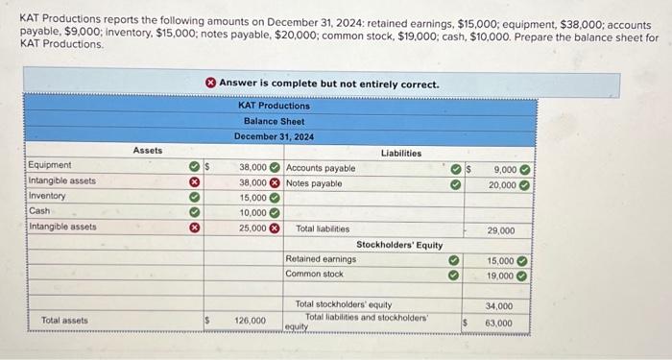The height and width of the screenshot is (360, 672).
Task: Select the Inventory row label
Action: (x=48, y=196)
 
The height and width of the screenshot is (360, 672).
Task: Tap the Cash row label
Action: (x=40, y=211)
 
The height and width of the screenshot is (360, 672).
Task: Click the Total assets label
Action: (x=64, y=320)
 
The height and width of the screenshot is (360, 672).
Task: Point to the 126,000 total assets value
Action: (x=251, y=320)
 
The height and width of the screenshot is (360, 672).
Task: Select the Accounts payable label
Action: (x=321, y=168)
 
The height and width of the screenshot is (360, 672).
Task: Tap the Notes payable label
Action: (x=314, y=182)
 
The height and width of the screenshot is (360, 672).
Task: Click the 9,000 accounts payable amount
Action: (x=502, y=169)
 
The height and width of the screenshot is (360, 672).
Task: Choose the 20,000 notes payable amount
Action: (x=502, y=184)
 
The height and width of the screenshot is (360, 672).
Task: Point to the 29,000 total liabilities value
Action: (x=500, y=230)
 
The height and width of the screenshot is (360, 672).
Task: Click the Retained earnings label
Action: (x=321, y=259)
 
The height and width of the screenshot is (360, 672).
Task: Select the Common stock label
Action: (x=314, y=274)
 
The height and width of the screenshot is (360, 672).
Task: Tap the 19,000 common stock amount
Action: (x=500, y=276)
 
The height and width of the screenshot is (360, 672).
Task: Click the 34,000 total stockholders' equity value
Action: (x=500, y=306)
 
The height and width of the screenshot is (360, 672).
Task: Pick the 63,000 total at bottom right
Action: (x=500, y=323)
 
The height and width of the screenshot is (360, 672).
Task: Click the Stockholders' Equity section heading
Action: (x=399, y=245)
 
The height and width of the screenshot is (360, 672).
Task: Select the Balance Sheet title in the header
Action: (x=274, y=121)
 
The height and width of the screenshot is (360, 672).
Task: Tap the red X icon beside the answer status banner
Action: (x=208, y=84)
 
